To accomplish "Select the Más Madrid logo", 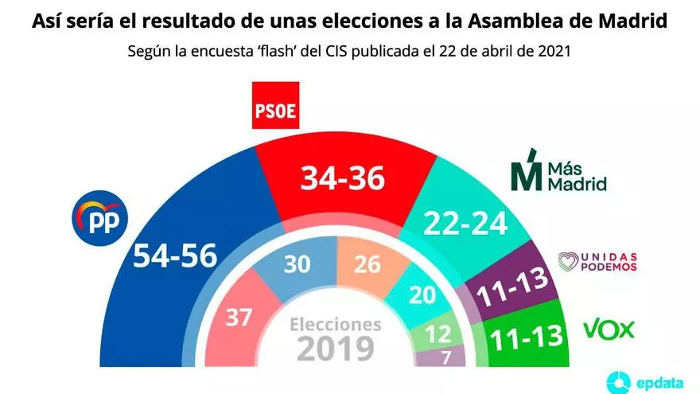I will [x=558, y=170].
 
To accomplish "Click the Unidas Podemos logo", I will [x=598, y=261].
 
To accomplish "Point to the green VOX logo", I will [x=609, y=329].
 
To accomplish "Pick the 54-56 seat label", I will [x=174, y=256].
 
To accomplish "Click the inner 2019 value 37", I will [x=239, y=316].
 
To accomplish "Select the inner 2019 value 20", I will [x=421, y=294].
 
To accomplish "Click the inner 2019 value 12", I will [x=437, y=333].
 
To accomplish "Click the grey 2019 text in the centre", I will [x=335, y=348].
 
